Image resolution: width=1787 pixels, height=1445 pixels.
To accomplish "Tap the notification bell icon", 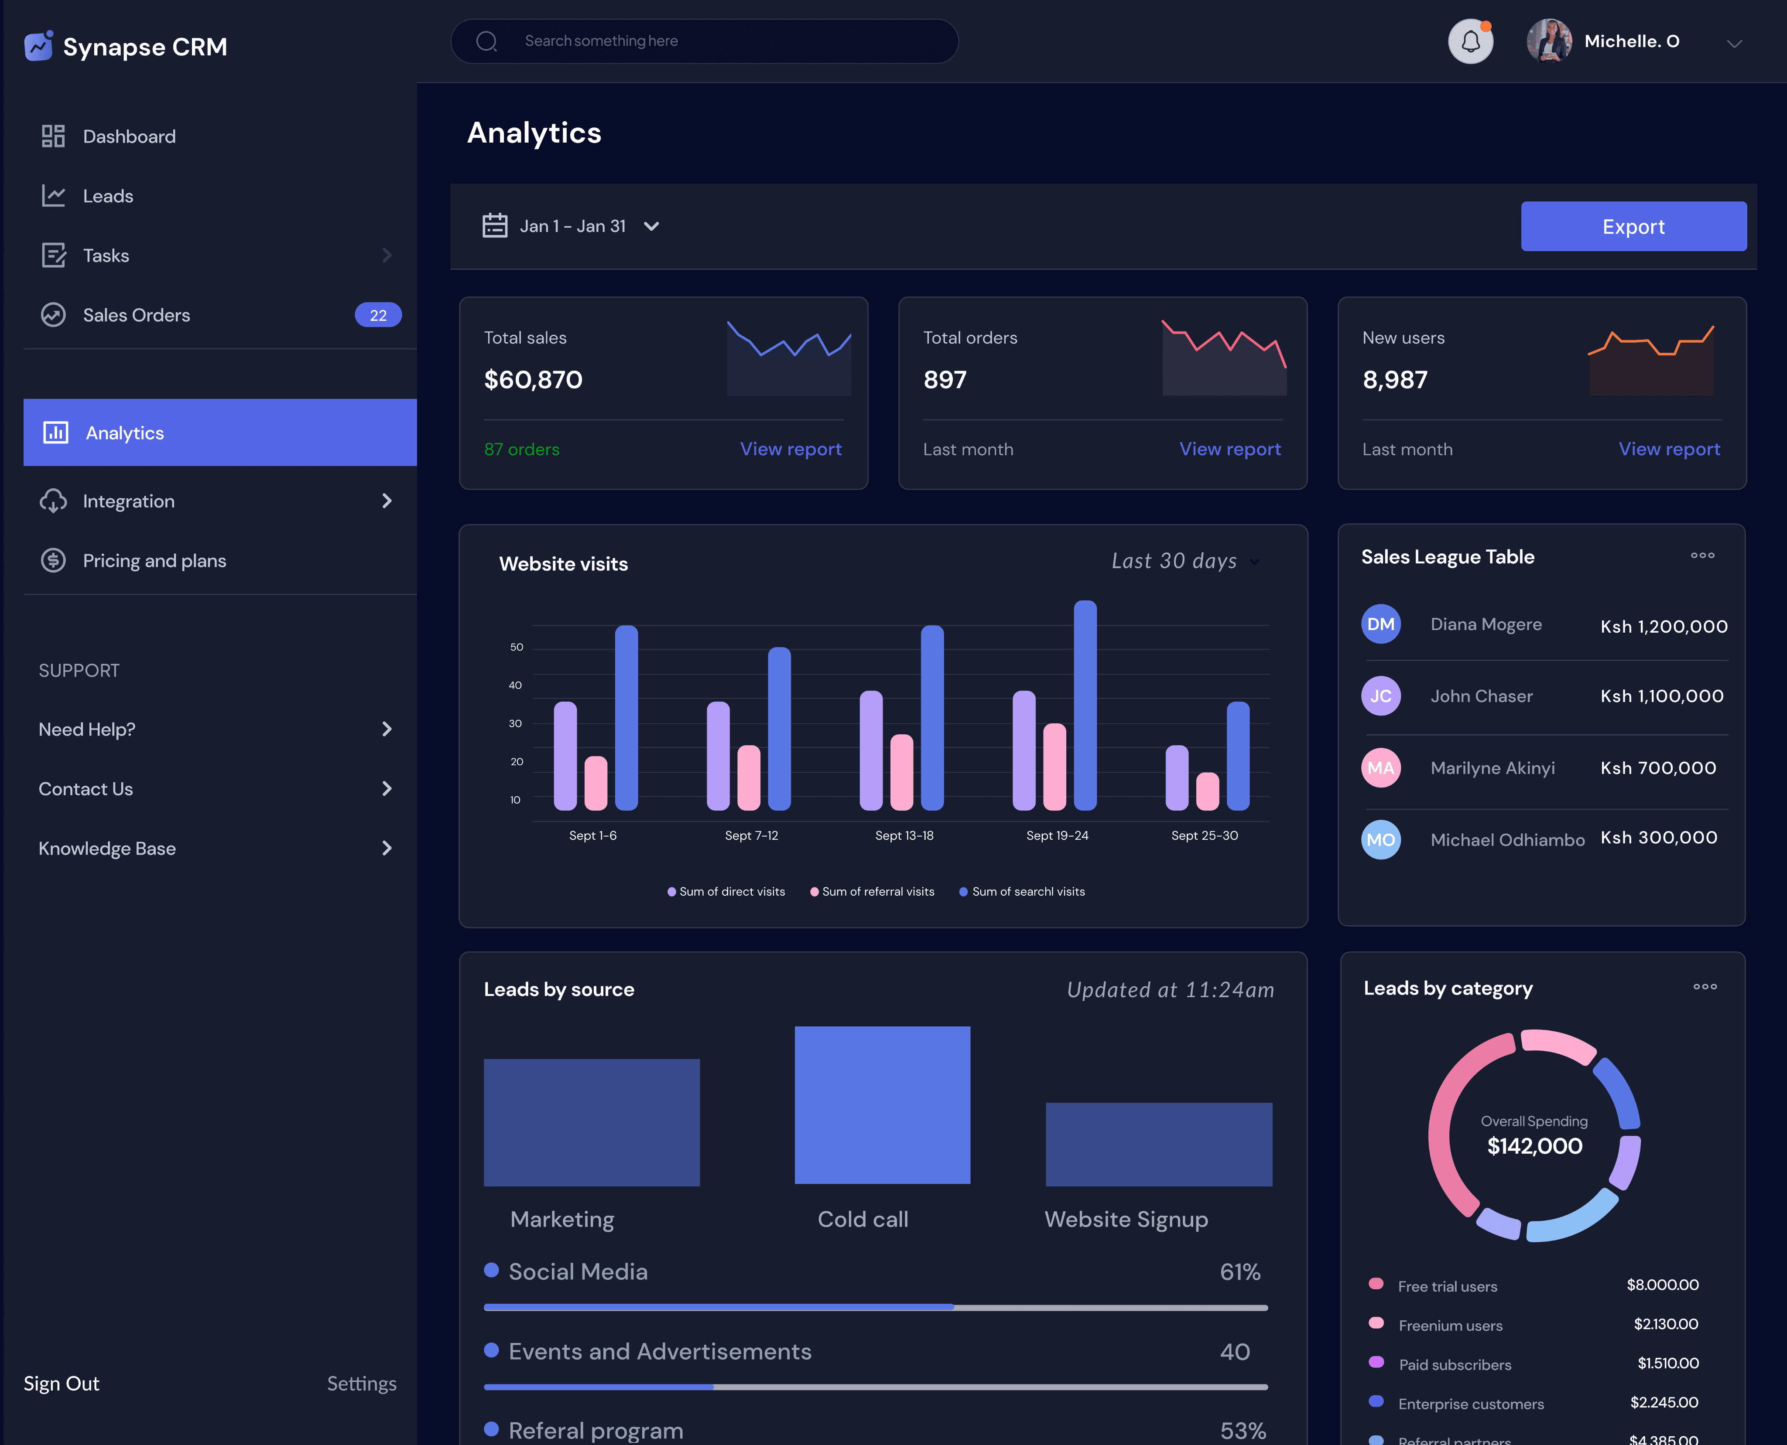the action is pos(1471,41).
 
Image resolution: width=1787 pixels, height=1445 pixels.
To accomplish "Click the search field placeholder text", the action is pos(601,41).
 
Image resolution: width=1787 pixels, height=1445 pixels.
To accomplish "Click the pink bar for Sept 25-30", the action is pos(1208,791).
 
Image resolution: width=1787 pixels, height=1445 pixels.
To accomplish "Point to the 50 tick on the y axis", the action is pos(516,647).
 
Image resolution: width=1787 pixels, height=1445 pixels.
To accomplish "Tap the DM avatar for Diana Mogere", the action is pos(1381,624).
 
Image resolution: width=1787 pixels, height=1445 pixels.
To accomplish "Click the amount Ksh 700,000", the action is pos(1658,768).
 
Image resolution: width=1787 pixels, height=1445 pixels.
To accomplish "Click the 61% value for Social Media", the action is pos(1240,1272).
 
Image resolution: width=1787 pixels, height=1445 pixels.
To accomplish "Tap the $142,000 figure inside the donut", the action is pos(1535,1146).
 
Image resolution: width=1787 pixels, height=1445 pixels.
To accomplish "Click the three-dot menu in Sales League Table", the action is pos(1702,555).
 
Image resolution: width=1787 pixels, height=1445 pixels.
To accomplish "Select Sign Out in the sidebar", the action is pos(62,1384).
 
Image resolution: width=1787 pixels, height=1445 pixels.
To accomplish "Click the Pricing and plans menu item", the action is pos(154,561).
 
